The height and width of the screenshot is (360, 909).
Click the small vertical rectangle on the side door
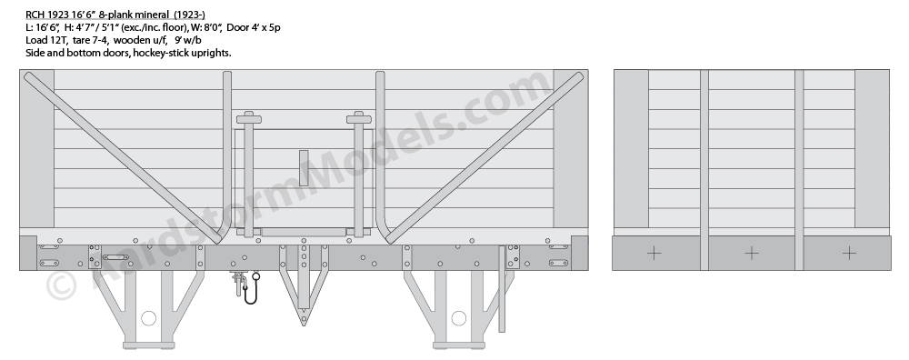coord(304,168)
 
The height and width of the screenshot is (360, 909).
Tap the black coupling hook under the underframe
coord(251,290)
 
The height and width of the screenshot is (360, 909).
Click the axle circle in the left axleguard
coord(149,318)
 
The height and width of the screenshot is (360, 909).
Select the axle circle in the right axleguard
coord(458,318)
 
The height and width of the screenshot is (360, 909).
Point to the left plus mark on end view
coord(654,254)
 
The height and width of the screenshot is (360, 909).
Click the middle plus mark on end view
coord(752,254)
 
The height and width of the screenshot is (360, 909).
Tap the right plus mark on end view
coord(849,254)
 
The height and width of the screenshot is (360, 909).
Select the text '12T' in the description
coord(56,40)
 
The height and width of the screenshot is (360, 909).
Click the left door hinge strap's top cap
coord(249,119)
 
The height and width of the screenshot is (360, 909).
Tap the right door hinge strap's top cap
coord(359,119)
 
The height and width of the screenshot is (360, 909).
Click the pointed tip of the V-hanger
coord(304,324)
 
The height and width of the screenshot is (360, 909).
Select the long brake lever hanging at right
coord(502,289)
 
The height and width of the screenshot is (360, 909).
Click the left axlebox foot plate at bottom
coord(149,345)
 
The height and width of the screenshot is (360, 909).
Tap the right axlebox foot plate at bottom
coord(458,345)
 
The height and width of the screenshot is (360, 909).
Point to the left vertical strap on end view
coord(704,170)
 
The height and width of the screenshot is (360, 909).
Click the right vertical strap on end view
coord(799,170)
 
